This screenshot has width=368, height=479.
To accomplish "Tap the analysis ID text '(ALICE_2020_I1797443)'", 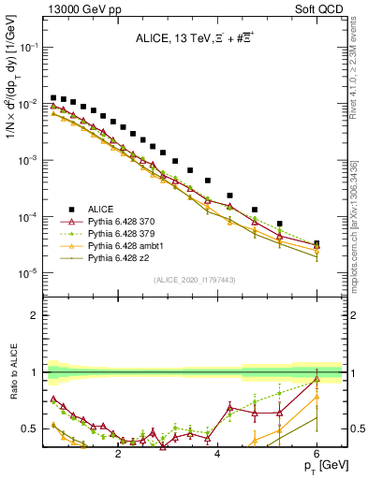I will (195, 281).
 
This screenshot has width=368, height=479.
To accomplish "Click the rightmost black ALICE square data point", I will (316, 244).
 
